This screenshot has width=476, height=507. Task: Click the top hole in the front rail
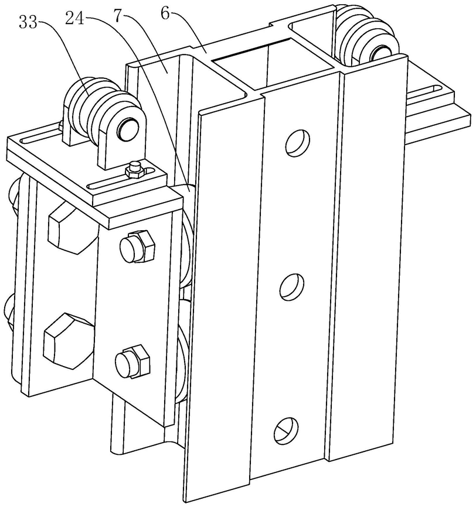[x=296, y=141]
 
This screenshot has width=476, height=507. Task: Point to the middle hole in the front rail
[x=291, y=287]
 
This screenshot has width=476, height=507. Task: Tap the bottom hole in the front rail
[x=286, y=430]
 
